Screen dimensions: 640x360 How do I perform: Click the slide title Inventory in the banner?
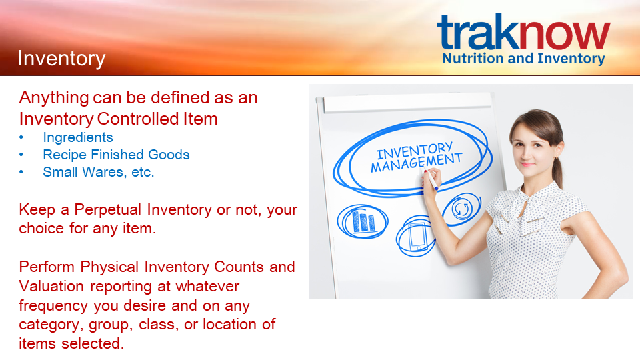coord(61,59)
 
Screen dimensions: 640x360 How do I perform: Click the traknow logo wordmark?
coord(524,31)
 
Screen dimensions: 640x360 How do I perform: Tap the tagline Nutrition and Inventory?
coord(523,59)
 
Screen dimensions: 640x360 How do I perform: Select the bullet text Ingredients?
coord(78,137)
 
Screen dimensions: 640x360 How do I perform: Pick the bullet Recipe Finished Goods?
coord(116,155)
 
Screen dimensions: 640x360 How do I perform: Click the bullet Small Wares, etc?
coord(99,172)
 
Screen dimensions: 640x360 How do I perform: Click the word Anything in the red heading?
coord(54,99)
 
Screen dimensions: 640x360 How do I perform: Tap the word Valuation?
coord(51,286)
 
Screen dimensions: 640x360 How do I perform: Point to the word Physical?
coord(109,267)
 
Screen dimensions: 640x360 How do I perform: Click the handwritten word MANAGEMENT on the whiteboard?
coord(416,163)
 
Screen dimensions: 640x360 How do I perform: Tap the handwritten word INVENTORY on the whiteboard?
coord(414,150)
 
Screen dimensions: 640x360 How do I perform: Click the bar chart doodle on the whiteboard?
coord(361,221)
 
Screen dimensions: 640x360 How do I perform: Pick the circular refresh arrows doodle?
coord(462,209)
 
